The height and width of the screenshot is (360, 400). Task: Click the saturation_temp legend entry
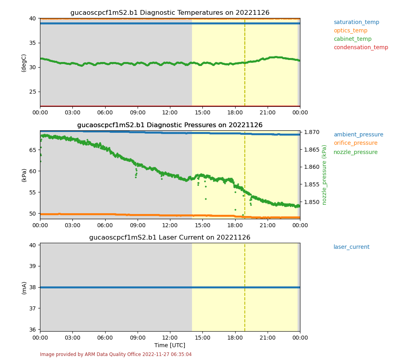point(356,22)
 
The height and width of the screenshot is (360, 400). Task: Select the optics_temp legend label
point(350,31)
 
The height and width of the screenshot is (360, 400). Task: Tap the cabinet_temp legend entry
point(352,39)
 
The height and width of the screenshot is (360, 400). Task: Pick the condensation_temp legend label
point(361,48)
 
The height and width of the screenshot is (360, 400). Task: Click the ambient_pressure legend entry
point(358,135)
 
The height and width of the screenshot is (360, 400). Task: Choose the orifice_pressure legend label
point(356,143)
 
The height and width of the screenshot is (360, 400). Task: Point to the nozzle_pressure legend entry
point(356,152)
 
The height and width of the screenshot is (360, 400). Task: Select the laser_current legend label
point(351,247)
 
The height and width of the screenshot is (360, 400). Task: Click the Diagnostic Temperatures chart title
point(170,13)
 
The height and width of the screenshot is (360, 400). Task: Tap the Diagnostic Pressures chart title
point(170,125)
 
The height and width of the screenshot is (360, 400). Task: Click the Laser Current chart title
point(170,238)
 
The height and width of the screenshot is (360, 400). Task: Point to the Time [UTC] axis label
point(170,345)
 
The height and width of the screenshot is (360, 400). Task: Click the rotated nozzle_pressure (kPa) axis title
point(325,175)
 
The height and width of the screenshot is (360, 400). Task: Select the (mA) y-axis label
point(24,287)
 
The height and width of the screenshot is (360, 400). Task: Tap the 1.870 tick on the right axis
point(312,132)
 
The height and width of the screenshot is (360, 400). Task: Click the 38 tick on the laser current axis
point(33,287)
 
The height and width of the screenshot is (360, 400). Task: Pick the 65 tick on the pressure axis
point(33,150)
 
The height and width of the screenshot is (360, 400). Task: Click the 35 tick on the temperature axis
point(33,43)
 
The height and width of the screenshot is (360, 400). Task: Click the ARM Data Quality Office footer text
point(116,354)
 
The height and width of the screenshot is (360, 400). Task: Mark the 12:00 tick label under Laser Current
point(170,338)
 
